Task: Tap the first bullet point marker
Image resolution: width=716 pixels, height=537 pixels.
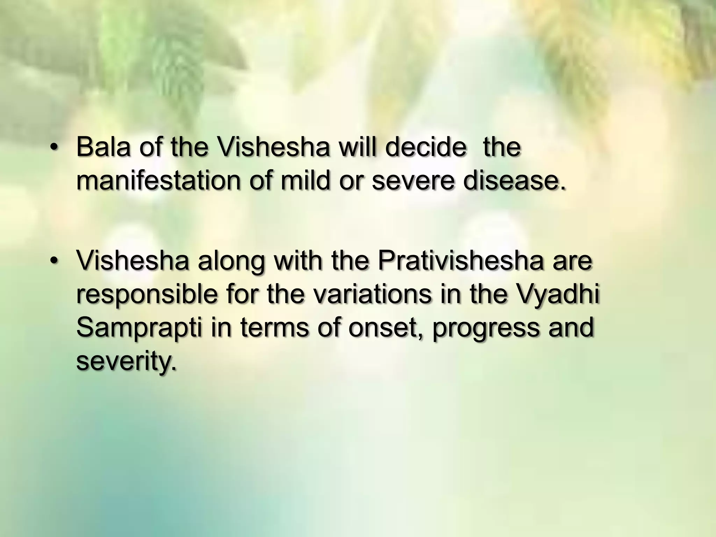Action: [53, 148]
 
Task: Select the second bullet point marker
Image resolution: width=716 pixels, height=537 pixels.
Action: [53, 261]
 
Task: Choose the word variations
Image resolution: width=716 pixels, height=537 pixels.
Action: [372, 294]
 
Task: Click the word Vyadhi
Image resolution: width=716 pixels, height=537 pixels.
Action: [558, 294]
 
